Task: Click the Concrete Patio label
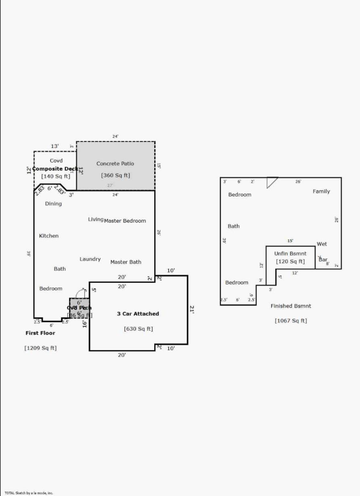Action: point(115,163)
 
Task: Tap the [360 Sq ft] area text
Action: point(115,176)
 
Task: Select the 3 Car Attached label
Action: point(138,314)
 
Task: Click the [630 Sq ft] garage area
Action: point(138,329)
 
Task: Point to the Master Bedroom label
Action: point(125,221)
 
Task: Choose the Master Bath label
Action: point(126,262)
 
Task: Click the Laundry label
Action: point(90,259)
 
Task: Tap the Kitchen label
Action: point(49,236)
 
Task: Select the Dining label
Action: point(53,204)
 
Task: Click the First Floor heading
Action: point(40,333)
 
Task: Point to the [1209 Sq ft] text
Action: point(40,348)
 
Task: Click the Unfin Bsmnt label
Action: point(290,253)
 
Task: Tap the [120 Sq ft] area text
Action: point(290,262)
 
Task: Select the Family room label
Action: point(321,191)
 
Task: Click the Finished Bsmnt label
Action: point(291,306)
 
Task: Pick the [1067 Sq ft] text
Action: point(291,321)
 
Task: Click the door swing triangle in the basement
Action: point(272,182)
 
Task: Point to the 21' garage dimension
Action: point(192,310)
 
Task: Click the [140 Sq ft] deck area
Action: point(56,176)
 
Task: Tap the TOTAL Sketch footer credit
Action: point(29,493)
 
